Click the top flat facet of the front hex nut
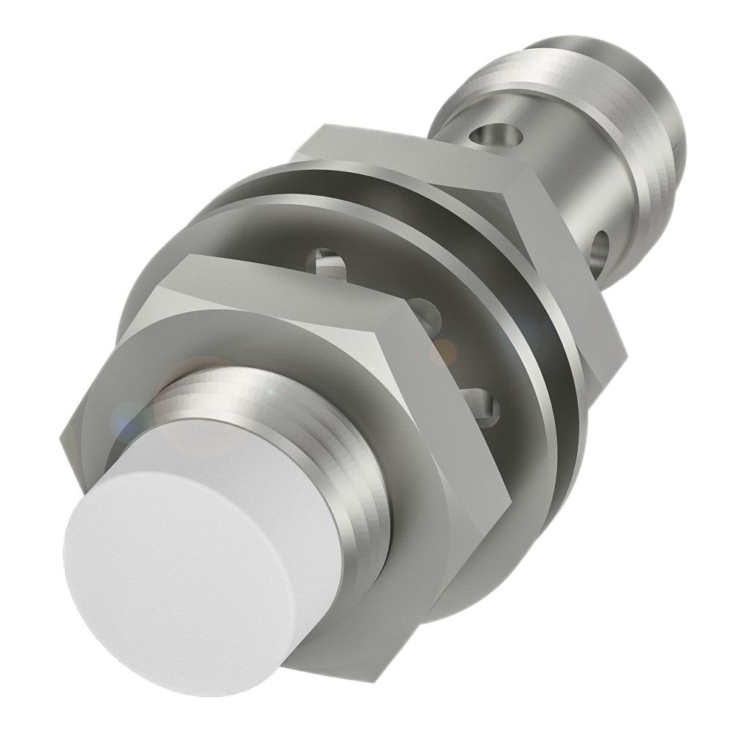coord(296,285)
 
